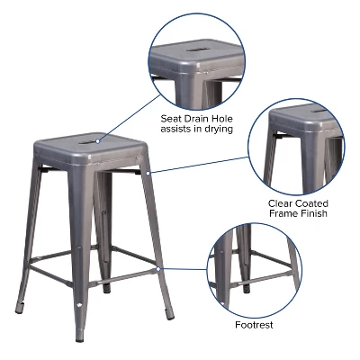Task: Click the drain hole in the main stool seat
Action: click(x=94, y=140)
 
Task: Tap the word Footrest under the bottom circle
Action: click(x=254, y=325)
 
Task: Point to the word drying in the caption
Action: click(x=217, y=130)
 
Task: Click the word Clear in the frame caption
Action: click(x=281, y=203)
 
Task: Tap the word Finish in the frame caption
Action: click(x=314, y=214)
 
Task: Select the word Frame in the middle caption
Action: click(x=283, y=214)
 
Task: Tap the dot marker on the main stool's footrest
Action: click(x=158, y=267)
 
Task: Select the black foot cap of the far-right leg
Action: click(x=172, y=317)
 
